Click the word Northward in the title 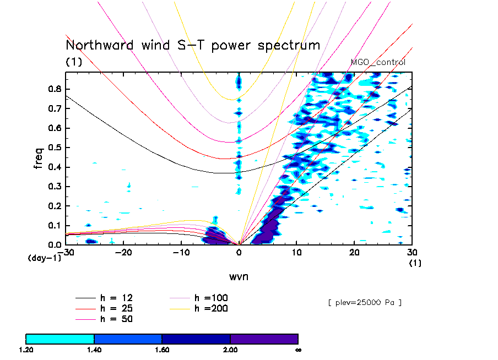[x=99, y=45]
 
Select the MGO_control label [x=378, y=62]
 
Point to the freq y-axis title [x=38, y=158]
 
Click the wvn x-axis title [x=239, y=277]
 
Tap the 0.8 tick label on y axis [x=55, y=89]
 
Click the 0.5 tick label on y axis [x=55, y=148]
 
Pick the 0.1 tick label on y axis [x=55, y=226]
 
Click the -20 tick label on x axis [x=123, y=252]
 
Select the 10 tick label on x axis [x=296, y=252]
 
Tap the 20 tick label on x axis [x=354, y=252]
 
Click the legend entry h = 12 [x=104, y=298]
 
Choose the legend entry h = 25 [x=104, y=308]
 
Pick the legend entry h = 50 [x=104, y=319]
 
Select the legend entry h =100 [x=199, y=298]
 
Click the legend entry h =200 [x=199, y=308]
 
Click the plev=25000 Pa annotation [x=365, y=303]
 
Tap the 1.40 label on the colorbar [x=94, y=350]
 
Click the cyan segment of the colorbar [x=60, y=339]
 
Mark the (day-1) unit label [x=45, y=258]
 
